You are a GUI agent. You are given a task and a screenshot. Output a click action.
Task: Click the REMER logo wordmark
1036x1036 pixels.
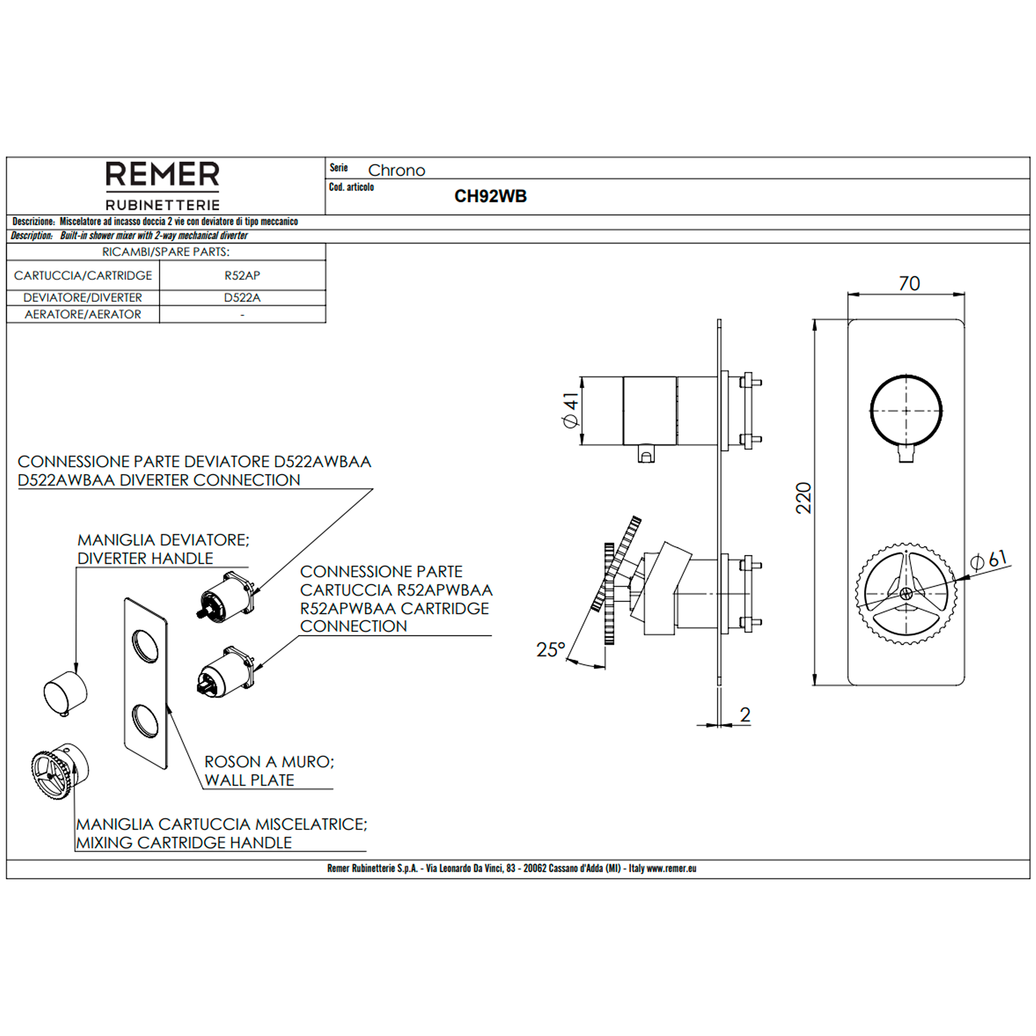[x=162, y=175]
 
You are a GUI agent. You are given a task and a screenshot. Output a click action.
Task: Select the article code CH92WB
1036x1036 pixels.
[x=490, y=196]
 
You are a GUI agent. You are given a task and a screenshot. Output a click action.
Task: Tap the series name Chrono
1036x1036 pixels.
[x=396, y=170]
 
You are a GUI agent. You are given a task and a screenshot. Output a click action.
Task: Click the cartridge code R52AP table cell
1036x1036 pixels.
[x=242, y=276]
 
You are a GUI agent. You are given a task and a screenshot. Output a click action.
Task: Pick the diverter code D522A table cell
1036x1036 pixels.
[x=242, y=297]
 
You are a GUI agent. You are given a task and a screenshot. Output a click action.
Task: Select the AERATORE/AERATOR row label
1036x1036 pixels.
[x=83, y=314]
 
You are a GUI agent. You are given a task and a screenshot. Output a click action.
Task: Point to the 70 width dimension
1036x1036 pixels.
[x=910, y=284]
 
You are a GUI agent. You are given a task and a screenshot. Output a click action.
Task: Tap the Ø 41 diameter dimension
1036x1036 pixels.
[x=571, y=410]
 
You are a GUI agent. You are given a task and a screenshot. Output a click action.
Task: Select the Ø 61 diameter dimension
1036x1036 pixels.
[x=989, y=560]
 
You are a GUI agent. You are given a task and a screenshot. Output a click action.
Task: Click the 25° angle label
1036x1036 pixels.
[x=551, y=650]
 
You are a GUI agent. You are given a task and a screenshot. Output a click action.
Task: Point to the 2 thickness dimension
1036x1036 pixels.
[x=745, y=715]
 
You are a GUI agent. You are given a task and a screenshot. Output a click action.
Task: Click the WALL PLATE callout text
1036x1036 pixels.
[x=249, y=780]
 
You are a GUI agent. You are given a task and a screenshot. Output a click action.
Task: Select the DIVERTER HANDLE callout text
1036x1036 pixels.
[x=145, y=558]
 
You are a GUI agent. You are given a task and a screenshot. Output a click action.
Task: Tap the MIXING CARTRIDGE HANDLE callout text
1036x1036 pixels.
[x=184, y=842]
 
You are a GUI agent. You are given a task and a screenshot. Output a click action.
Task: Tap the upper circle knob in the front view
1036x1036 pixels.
[x=905, y=411]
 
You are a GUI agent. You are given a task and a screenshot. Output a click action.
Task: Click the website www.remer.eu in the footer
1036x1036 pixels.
[x=671, y=868]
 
